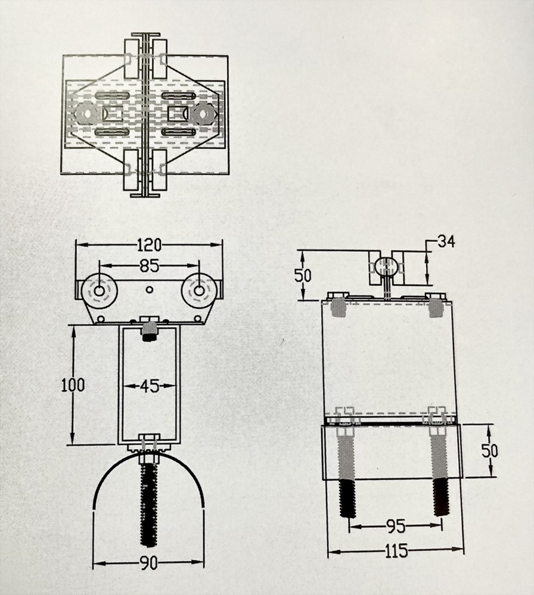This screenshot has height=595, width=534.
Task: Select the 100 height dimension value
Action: pos(72,385)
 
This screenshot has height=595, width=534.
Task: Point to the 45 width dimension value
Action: pos(150,387)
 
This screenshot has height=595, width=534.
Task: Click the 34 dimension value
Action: pos(446,241)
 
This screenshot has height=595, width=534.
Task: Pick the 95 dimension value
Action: pos(396,527)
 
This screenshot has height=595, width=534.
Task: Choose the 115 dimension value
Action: pos(396,552)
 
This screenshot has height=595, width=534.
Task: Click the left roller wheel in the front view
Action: pos(99,291)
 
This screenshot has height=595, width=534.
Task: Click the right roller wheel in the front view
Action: pos(199,291)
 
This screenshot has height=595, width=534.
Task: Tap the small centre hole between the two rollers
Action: pos(149,289)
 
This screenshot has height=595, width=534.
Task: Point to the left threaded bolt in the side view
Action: pos(347,471)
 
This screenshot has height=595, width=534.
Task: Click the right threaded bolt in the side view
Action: pos(440,471)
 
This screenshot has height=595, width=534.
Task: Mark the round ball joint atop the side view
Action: pos(386,266)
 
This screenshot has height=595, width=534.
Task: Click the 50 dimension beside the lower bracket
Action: pos(490,450)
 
